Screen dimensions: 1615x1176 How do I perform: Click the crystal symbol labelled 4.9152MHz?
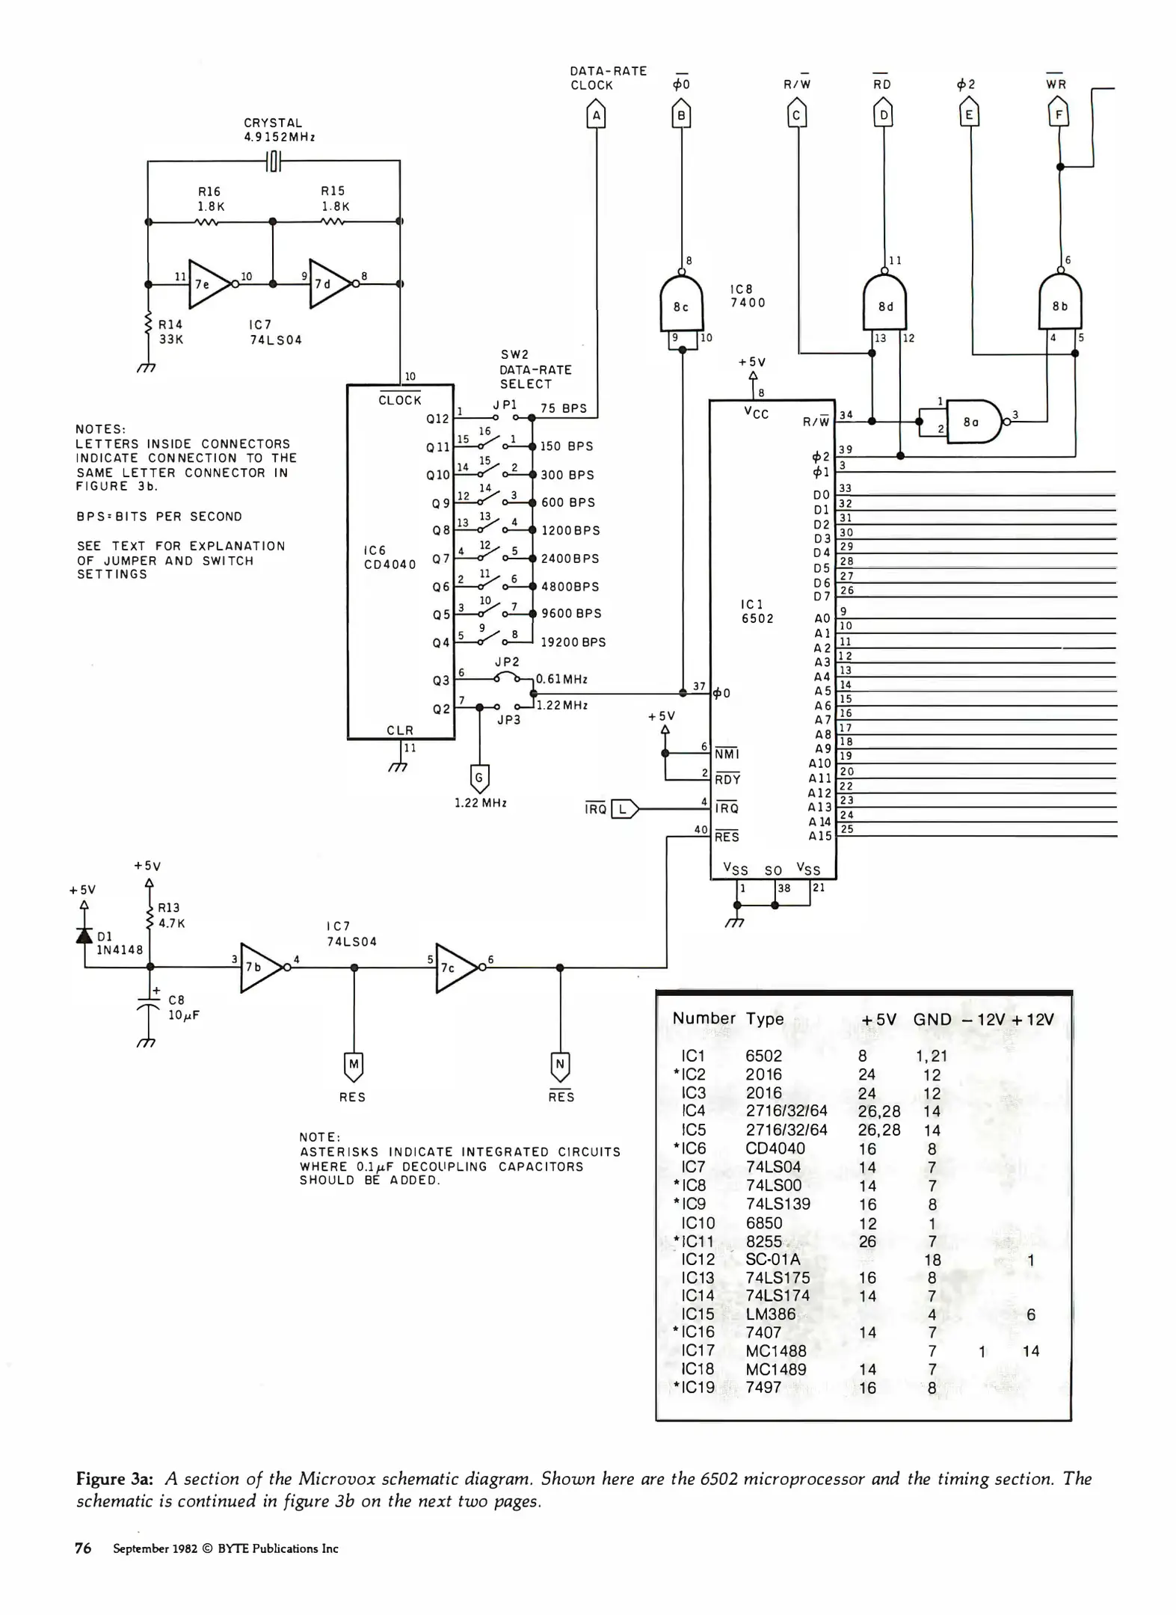274,161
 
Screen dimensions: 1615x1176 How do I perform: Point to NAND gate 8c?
681,305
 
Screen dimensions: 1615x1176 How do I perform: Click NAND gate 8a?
973,422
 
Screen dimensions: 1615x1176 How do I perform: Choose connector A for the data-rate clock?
596,116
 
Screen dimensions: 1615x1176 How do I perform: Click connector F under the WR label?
1059,115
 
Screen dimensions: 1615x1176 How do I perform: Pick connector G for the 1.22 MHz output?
479,778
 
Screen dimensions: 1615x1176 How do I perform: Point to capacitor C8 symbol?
150,1007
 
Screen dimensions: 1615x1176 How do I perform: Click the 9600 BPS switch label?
571,614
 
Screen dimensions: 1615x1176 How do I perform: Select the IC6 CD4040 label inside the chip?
390,558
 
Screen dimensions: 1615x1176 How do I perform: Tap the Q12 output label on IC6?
438,419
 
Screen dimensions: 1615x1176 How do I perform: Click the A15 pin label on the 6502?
819,836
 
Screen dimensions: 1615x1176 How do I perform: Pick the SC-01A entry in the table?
772,1259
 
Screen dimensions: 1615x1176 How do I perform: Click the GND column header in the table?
932,1019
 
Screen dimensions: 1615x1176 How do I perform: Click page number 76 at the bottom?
83,1548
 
